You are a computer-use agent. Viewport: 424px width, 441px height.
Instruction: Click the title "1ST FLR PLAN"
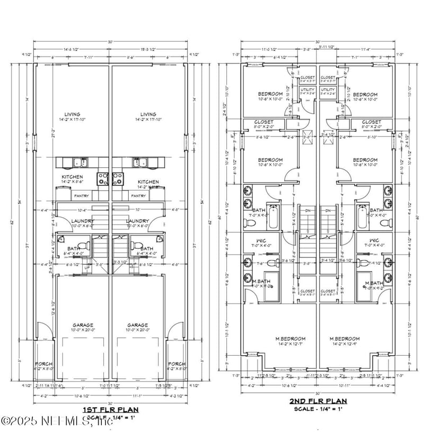pyautogui.click(x=110, y=410)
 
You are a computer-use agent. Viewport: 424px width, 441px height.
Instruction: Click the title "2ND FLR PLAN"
pyautogui.click(x=317, y=401)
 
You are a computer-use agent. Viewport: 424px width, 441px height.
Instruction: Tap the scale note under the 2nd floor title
pyautogui.click(x=317, y=409)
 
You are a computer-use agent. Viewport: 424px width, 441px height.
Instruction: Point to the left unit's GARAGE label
pyautogui.click(x=84, y=325)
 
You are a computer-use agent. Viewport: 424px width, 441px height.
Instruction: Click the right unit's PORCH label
pyautogui.click(x=176, y=364)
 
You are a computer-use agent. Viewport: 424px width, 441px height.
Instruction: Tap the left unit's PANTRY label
pyautogui.click(x=82, y=195)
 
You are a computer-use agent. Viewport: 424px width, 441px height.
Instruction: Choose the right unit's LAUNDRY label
pyautogui.click(x=137, y=221)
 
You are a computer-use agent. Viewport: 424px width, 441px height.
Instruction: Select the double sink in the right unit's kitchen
pyautogui.click(x=140, y=163)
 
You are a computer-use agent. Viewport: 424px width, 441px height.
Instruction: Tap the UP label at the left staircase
pyautogui.click(x=86, y=268)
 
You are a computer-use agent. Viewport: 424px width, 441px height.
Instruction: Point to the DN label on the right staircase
pyautogui.click(x=328, y=211)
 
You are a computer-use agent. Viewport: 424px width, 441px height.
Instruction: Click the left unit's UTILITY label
pyautogui.click(x=307, y=90)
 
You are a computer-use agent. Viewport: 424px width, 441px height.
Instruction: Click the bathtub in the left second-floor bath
pyautogui.click(x=273, y=217)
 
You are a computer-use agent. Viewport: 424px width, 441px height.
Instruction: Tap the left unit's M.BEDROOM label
pyautogui.click(x=270, y=339)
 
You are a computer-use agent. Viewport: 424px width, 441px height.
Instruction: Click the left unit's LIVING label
pyautogui.click(x=73, y=114)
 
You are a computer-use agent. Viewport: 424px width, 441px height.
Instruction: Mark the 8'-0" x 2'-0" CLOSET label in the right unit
pyautogui.click(x=371, y=122)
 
